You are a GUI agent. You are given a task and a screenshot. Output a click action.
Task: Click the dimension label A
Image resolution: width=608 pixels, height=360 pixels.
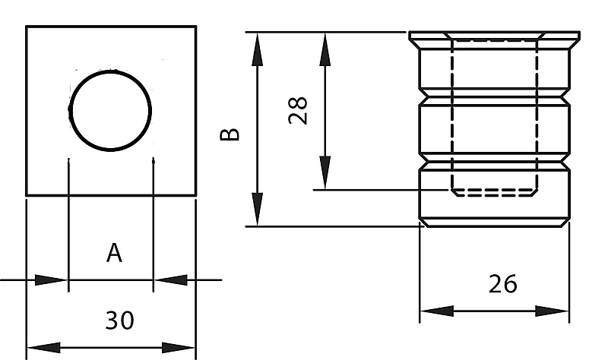pyautogui.click(x=114, y=253)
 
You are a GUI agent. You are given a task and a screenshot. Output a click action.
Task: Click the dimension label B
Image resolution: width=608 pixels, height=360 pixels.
pyautogui.click(x=230, y=134)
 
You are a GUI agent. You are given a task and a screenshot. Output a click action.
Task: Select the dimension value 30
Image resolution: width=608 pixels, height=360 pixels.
pyautogui.click(x=119, y=320)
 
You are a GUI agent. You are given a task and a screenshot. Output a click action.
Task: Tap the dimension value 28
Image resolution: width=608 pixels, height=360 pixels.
pyautogui.click(x=298, y=110)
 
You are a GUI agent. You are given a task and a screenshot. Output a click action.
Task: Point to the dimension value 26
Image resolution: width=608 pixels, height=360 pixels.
pyautogui.click(x=502, y=283)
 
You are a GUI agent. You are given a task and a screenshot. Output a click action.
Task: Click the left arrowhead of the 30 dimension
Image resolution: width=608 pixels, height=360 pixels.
pyautogui.click(x=44, y=347)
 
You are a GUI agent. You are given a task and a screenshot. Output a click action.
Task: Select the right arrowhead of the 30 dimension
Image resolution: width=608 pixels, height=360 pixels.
pyautogui.click(x=178, y=347)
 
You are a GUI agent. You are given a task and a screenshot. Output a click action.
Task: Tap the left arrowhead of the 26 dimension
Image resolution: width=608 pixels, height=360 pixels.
pyautogui.click(x=437, y=311)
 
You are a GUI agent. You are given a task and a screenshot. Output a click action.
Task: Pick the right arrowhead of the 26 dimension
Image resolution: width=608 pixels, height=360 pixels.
pyautogui.click(x=553, y=311)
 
